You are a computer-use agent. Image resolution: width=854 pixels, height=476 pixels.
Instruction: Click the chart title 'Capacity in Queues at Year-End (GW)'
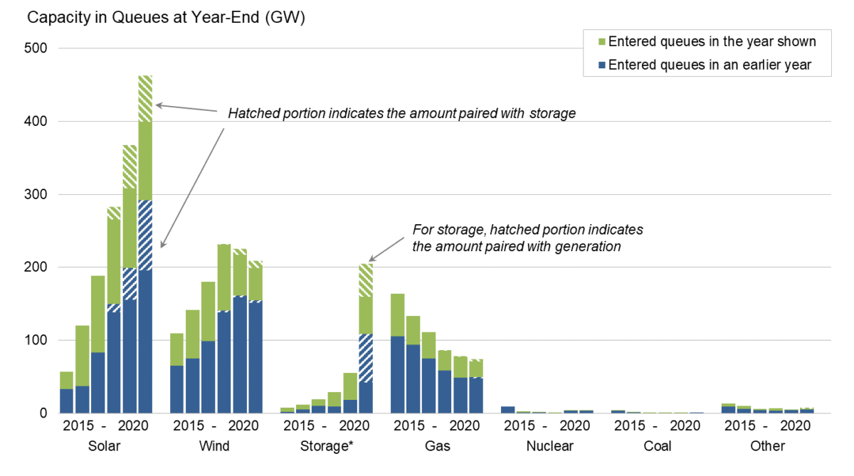coord(166,18)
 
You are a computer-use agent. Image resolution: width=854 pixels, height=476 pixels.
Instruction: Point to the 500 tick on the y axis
coord(36,48)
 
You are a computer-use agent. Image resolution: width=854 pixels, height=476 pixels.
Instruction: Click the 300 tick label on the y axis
coord(36,194)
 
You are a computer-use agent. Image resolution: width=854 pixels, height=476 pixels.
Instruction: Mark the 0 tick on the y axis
coord(43,413)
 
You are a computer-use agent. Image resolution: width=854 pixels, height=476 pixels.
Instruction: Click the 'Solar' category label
coord(105,446)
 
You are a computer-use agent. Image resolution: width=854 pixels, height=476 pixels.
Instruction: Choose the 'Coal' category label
coord(657,446)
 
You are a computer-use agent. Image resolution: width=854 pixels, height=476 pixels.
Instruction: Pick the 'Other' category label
coord(767,446)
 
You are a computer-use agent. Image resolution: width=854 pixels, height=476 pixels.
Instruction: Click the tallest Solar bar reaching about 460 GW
coord(145,242)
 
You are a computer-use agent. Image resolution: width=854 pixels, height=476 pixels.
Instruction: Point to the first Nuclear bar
coord(507,410)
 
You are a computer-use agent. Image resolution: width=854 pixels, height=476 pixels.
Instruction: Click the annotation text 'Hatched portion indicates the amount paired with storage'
coord(401,114)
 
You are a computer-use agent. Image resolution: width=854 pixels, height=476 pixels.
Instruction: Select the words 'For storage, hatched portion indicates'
coord(528,231)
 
